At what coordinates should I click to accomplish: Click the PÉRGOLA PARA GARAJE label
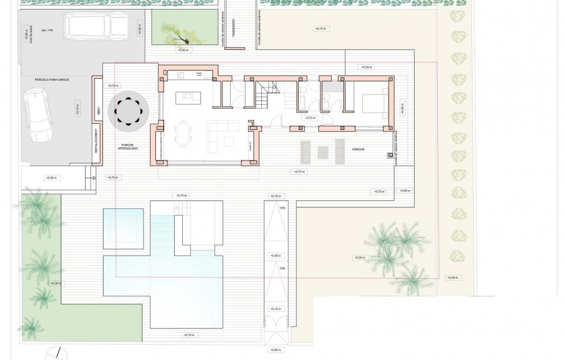point(52,79)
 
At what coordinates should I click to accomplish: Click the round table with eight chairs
point(128,111)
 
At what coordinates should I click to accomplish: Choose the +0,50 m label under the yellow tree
point(182,50)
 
